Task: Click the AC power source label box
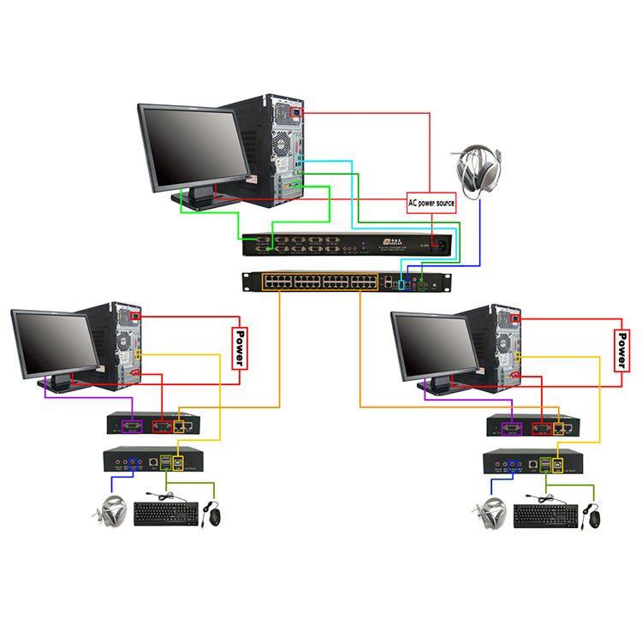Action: (431, 203)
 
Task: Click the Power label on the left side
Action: (241, 348)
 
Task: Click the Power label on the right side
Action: (621, 348)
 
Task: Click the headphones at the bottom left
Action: (111, 513)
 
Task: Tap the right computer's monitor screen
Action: (435, 344)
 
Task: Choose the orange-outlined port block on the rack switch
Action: (320, 281)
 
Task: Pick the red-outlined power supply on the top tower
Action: (296, 111)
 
